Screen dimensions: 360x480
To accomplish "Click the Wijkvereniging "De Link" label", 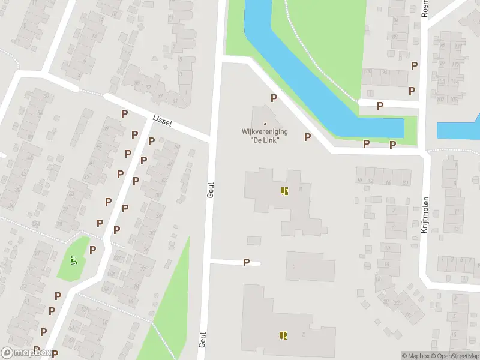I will [x=265, y=135].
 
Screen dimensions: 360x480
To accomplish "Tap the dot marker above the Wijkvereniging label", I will [x=265, y=124].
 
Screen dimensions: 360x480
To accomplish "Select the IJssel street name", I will [x=163, y=121].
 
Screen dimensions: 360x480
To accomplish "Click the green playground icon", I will [x=74, y=260].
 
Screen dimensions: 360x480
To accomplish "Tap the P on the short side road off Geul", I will [x=246, y=262].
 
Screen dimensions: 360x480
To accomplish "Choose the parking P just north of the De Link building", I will [x=274, y=98].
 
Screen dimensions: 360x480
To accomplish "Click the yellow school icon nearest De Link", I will [x=284, y=191].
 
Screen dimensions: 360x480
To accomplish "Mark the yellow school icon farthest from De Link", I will [x=283, y=335].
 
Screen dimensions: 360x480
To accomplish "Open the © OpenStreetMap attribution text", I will [x=454, y=356].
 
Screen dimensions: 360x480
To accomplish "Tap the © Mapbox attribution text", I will [x=415, y=356].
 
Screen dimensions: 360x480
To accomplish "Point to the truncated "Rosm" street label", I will [x=425, y=8].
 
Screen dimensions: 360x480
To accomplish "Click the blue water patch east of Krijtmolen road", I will [x=458, y=130].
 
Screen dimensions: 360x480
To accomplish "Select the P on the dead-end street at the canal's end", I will [x=380, y=106].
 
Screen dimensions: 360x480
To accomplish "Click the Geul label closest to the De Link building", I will [x=210, y=190].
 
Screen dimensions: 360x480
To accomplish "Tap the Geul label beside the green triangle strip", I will [x=202, y=340].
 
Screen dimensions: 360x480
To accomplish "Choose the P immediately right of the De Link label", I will [x=307, y=137].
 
